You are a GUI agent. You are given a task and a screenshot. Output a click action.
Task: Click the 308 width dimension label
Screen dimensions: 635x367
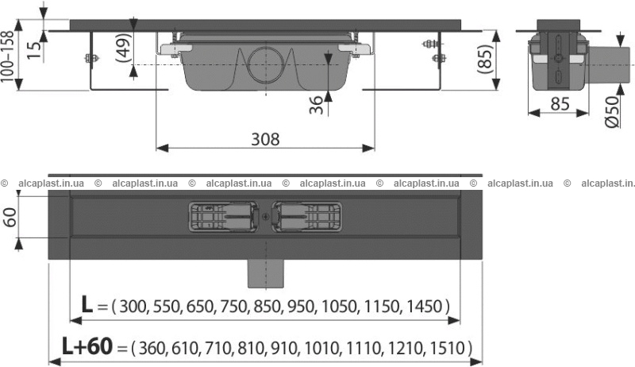coord(265,139)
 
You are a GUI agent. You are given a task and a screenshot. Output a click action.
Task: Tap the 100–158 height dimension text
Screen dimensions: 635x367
coord(8,56)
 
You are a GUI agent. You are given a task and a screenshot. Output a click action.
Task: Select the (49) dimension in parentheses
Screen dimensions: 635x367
coord(124,48)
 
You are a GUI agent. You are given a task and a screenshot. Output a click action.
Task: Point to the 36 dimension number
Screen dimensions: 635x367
coord(316,105)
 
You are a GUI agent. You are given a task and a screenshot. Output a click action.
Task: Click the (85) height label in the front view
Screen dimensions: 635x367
coord(485,59)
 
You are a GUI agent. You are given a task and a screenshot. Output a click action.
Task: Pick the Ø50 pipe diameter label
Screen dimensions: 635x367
coord(612,112)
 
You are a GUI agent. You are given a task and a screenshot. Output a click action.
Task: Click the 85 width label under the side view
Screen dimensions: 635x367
coord(560,104)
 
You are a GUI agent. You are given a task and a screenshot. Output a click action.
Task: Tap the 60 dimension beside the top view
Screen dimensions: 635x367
coord(9,218)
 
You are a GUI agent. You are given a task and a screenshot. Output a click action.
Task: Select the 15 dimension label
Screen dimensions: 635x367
coord(35,49)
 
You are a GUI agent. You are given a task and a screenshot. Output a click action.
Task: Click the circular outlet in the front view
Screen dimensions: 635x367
coord(266,65)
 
